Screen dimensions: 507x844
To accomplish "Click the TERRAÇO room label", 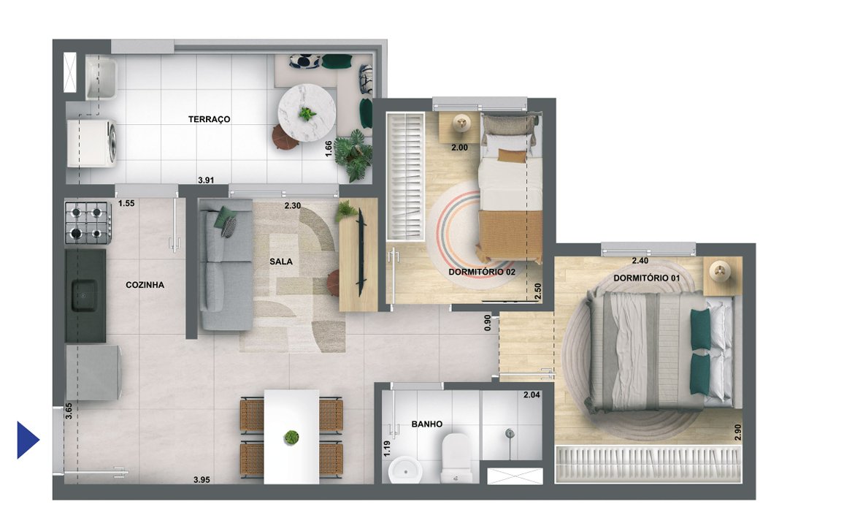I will coord(209,119).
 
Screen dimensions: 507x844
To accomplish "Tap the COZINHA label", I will coord(145,285).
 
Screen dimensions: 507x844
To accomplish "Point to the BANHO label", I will coord(426,424).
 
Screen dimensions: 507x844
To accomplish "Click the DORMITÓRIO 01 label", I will coord(646,278).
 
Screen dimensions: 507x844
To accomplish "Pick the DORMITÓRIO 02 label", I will coord(482,272).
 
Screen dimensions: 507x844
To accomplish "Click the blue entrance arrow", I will coord(27,440).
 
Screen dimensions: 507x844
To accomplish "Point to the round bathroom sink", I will coord(402,470).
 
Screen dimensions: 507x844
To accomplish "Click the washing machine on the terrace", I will coord(92,142).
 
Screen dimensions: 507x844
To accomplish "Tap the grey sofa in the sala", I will coord(225,267).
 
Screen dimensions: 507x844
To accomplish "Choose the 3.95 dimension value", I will coord(202,480).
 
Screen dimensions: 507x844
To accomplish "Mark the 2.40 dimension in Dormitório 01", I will coord(640,261).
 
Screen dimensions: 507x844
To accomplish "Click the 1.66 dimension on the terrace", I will coord(329,149).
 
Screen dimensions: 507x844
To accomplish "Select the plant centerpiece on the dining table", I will coord(291,438).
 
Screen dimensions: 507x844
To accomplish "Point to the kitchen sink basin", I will coord(82,296).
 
